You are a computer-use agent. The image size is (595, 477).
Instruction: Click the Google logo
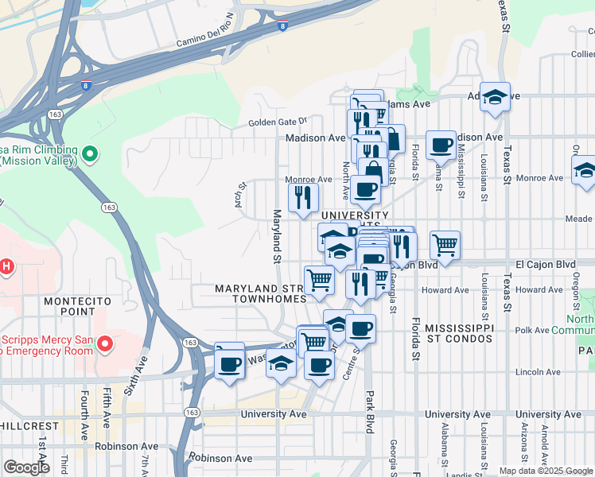pyautogui.click(x=26, y=467)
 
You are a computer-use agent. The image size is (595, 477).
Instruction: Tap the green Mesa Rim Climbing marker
pyautogui.click(x=90, y=153)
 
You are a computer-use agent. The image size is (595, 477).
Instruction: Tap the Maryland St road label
pyautogui.click(x=277, y=236)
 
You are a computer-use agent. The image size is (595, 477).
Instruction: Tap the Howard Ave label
pyautogui.click(x=445, y=290)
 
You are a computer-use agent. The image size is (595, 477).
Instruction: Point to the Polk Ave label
pyautogui.click(x=532, y=330)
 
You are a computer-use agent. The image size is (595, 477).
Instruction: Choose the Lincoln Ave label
pyautogui.click(x=538, y=371)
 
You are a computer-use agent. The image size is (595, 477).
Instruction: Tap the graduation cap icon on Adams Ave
pyautogui.click(x=495, y=98)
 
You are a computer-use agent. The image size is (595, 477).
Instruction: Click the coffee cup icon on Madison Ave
pyautogui.click(x=440, y=145)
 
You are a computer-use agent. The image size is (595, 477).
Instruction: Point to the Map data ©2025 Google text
pyautogui.click(x=545, y=471)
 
